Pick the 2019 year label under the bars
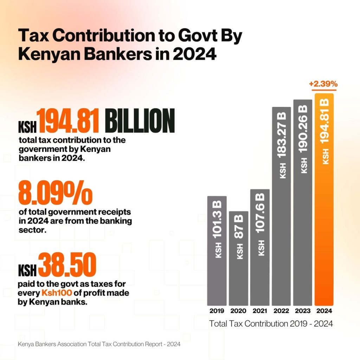[217, 311]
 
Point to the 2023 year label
[303, 311]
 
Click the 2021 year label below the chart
[259, 311]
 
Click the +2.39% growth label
[323, 84]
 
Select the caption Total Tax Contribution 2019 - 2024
[271, 323]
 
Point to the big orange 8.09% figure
[55, 193]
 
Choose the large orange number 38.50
[67, 265]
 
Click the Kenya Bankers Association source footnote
[99, 344]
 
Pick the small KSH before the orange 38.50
[27, 271]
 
